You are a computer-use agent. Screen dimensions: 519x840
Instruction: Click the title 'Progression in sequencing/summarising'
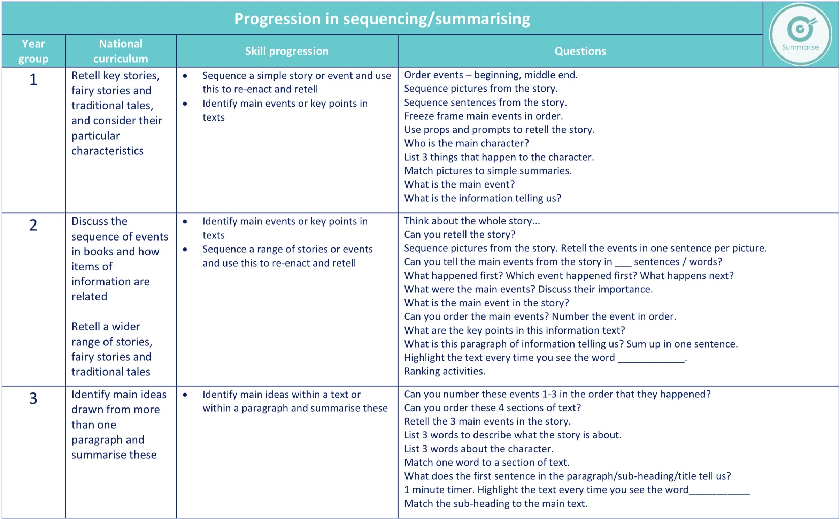(382, 19)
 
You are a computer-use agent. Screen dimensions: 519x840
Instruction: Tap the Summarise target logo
(800, 34)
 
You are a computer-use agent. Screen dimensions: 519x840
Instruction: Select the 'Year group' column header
(33, 51)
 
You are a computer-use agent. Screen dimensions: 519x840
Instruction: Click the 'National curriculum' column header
(121, 51)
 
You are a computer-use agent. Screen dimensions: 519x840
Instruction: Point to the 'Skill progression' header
(286, 51)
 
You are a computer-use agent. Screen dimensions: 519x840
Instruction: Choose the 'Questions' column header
(580, 51)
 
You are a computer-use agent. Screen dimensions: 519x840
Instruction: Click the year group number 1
(33, 79)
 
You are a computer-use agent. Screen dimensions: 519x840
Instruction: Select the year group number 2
(33, 225)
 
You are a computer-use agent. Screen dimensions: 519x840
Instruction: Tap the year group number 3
(33, 398)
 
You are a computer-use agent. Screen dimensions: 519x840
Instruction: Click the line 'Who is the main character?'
(466, 143)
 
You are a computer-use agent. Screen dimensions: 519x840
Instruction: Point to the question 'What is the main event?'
(459, 184)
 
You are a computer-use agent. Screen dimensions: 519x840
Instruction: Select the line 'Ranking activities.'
(445, 371)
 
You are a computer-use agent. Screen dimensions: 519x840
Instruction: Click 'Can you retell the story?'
(459, 235)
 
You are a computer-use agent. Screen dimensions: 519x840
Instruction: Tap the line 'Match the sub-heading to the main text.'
(495, 504)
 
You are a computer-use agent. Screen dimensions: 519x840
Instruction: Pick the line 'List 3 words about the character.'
(479, 449)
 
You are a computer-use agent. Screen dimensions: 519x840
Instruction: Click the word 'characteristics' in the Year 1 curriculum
(107, 151)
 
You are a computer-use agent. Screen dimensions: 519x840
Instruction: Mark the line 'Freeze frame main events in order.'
(483, 116)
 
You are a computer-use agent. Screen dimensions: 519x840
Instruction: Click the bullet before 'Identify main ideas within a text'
(185, 395)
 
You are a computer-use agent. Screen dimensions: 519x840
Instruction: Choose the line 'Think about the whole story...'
(472, 221)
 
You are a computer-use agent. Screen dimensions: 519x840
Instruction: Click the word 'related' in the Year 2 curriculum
(89, 297)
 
